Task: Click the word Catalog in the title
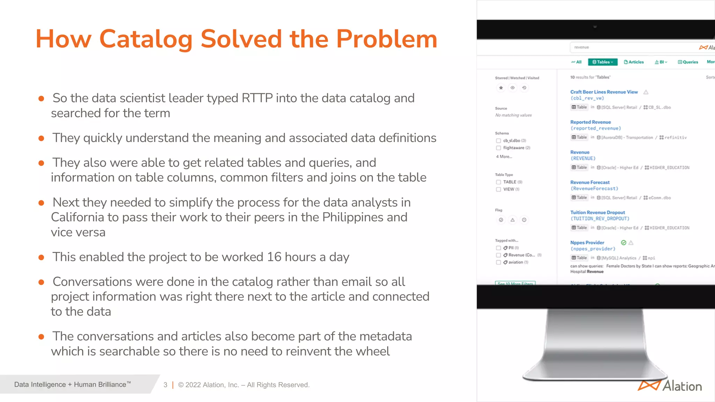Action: pyautogui.click(x=146, y=39)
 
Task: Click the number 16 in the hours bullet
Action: pyautogui.click(x=274, y=257)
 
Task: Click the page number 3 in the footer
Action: pyautogui.click(x=165, y=385)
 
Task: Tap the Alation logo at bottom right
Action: pyautogui.click(x=670, y=386)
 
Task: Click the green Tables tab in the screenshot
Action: pyautogui.click(x=603, y=62)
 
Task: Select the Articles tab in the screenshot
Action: pyautogui.click(x=634, y=62)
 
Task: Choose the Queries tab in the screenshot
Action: pyautogui.click(x=688, y=62)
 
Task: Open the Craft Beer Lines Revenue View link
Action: pyautogui.click(x=604, y=92)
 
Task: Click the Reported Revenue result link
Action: pyautogui.click(x=590, y=122)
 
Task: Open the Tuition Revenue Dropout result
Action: pyautogui.click(x=597, y=213)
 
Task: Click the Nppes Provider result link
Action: pyautogui.click(x=587, y=243)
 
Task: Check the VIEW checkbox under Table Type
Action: pyautogui.click(x=499, y=189)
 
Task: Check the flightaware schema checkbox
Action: pyautogui.click(x=499, y=148)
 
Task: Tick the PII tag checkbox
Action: pyautogui.click(x=499, y=248)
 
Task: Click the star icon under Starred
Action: pyautogui.click(x=501, y=88)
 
